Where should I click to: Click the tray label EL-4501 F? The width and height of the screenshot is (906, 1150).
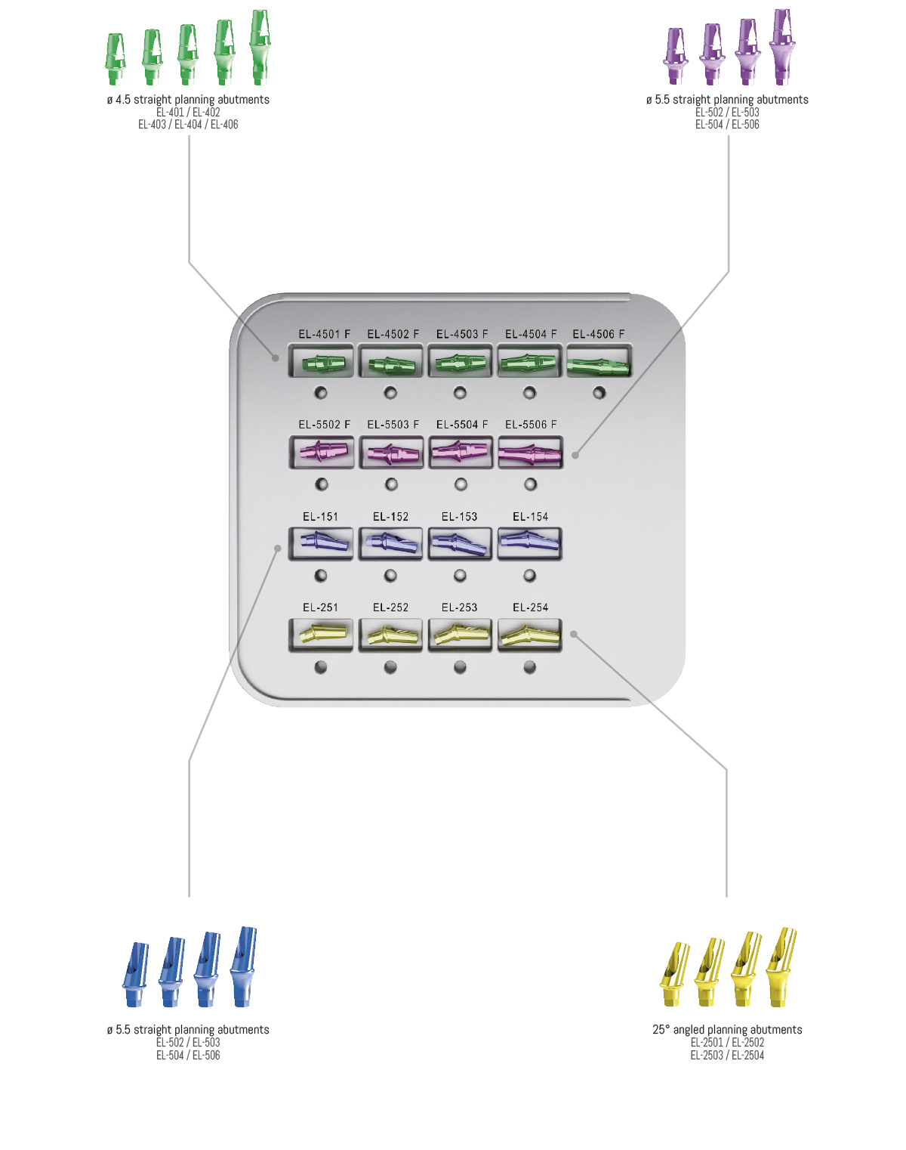(x=324, y=334)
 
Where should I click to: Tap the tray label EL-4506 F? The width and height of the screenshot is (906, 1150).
(x=599, y=334)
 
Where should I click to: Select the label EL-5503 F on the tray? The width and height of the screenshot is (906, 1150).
(x=393, y=425)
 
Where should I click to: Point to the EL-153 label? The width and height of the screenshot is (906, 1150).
(x=459, y=517)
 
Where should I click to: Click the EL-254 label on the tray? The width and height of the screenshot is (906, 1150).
(x=530, y=607)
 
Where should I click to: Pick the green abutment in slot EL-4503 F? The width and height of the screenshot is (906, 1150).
(x=461, y=363)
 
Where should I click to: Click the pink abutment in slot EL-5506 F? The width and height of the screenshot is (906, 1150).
(x=529, y=454)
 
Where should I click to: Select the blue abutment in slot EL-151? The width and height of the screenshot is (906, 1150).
(x=324, y=542)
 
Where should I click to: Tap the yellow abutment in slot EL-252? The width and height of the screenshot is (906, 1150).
(x=391, y=635)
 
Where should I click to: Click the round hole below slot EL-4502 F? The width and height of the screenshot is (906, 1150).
(x=390, y=393)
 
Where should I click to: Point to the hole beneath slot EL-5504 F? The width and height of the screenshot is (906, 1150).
(x=461, y=484)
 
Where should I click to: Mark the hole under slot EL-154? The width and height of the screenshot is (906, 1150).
(x=529, y=576)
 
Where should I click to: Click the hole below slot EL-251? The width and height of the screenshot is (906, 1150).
(x=320, y=667)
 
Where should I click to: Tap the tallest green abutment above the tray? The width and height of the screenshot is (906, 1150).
(x=260, y=47)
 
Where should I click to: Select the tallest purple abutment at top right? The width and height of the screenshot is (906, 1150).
(x=782, y=47)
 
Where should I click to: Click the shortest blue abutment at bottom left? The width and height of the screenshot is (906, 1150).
(x=136, y=974)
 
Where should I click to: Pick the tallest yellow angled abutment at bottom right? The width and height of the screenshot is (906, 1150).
(x=781, y=967)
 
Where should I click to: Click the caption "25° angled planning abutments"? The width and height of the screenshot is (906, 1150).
(x=726, y=1029)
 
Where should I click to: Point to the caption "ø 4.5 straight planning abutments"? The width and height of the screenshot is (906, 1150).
(x=188, y=100)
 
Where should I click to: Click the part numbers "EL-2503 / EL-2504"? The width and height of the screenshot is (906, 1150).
(x=726, y=1055)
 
